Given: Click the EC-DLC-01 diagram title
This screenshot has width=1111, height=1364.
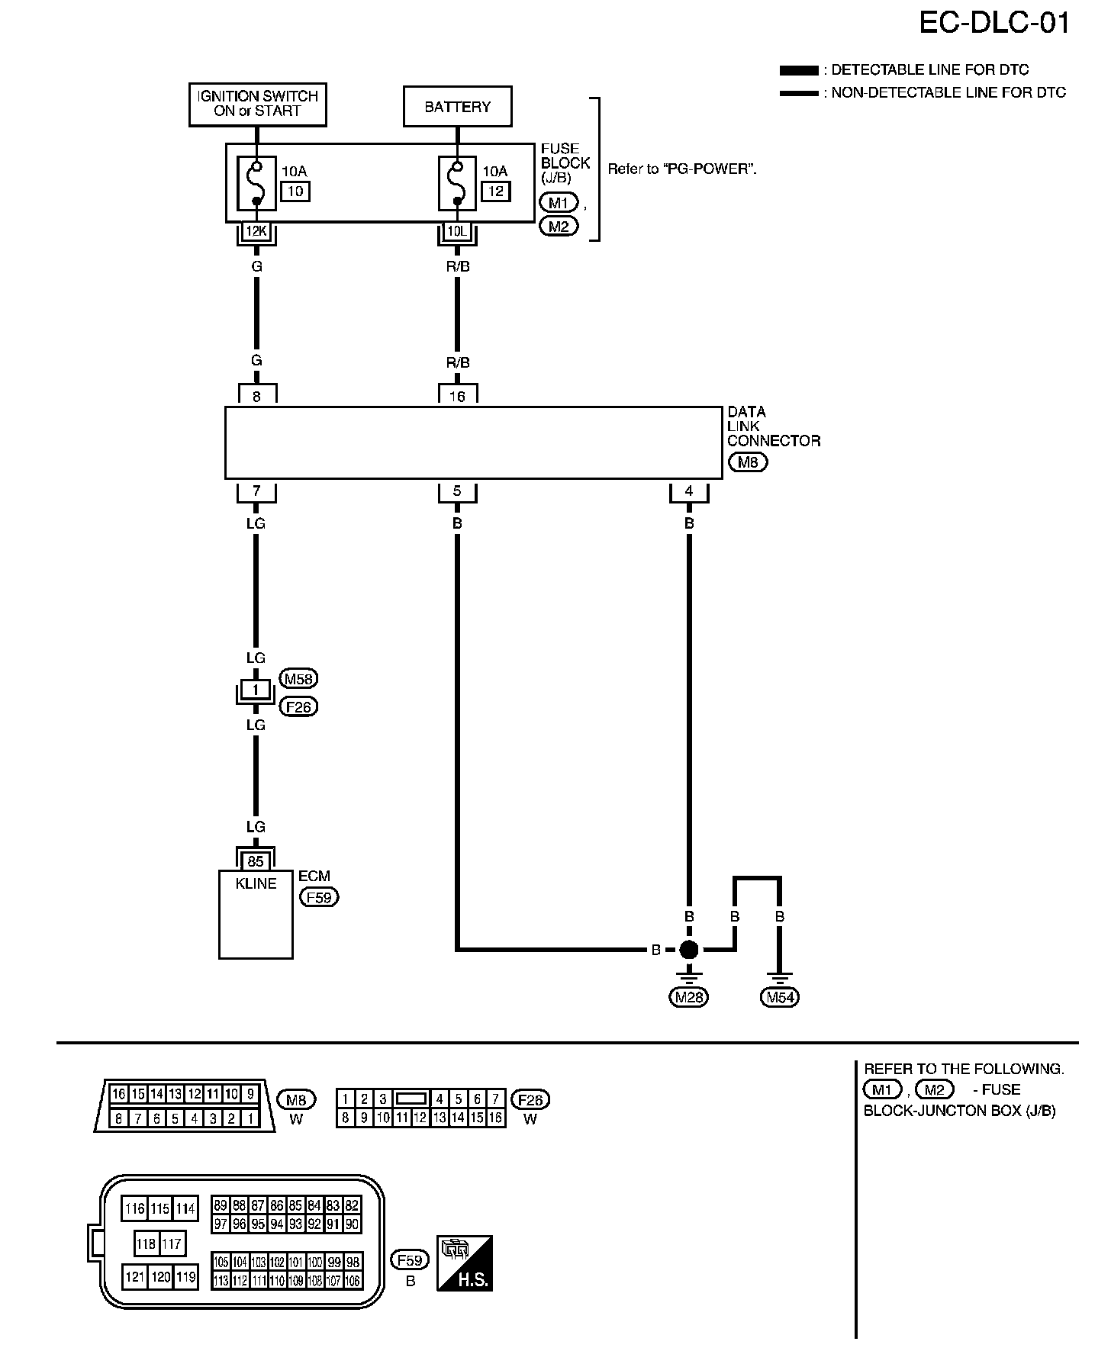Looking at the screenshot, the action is pyautogui.click(x=994, y=24).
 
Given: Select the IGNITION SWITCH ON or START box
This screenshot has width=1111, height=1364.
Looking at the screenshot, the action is pyautogui.click(x=257, y=104).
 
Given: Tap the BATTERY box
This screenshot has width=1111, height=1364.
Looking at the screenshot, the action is pyautogui.click(x=457, y=107).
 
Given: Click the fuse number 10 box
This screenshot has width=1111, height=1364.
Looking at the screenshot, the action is pyautogui.click(x=295, y=191).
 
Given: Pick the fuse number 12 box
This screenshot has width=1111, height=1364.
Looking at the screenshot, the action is pyautogui.click(x=496, y=191).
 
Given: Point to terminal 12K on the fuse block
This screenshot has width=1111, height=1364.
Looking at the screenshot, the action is pyautogui.click(x=256, y=231).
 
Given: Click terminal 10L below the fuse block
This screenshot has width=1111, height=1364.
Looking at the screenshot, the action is pyautogui.click(x=457, y=231).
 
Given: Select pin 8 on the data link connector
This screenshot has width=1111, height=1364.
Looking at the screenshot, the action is pyautogui.click(x=256, y=396).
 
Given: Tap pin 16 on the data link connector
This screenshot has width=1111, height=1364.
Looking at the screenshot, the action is pyautogui.click(x=457, y=396).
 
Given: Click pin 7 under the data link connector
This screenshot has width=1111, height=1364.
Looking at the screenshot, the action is pyautogui.click(x=256, y=491).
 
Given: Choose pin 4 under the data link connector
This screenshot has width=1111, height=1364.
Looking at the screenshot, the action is pyautogui.click(x=689, y=491).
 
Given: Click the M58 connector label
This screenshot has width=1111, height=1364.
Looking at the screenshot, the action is pyautogui.click(x=299, y=678).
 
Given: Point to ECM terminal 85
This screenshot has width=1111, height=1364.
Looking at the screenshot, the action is pyautogui.click(x=256, y=861).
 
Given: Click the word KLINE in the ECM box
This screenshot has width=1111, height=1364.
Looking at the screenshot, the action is pyautogui.click(x=256, y=883).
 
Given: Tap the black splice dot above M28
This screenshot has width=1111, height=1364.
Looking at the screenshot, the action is pyautogui.click(x=689, y=950).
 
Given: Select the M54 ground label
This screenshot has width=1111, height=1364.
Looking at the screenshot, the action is pyautogui.click(x=780, y=997).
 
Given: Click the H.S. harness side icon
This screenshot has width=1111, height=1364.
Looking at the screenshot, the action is pyautogui.click(x=465, y=1263).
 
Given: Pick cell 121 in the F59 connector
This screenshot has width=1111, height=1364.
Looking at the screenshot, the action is pyautogui.click(x=134, y=1276).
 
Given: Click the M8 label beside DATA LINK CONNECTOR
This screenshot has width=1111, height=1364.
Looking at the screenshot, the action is pyautogui.click(x=748, y=462).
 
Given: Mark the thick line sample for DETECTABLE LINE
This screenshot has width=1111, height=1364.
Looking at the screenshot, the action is pyautogui.click(x=799, y=70).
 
